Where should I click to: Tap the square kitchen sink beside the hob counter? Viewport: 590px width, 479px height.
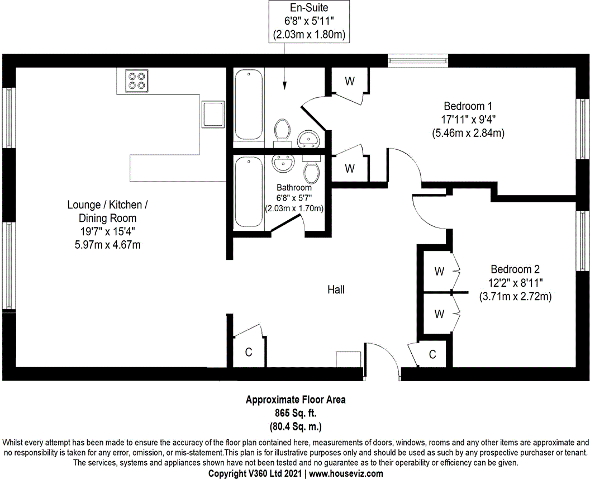point(213,115)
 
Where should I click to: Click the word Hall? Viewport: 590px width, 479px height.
point(336,290)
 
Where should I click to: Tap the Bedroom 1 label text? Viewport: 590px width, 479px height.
point(468,106)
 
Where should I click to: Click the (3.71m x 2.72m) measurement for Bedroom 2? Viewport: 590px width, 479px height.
point(515,297)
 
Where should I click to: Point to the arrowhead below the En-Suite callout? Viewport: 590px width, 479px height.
point(285,86)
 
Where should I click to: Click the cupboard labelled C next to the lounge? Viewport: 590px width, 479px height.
point(249,352)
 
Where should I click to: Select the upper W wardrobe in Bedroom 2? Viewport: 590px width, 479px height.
point(439,272)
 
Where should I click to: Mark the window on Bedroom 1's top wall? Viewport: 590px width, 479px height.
point(418,60)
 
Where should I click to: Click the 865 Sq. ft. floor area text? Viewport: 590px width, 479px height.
point(296,413)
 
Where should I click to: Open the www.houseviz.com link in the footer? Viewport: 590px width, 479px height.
point(346,473)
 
